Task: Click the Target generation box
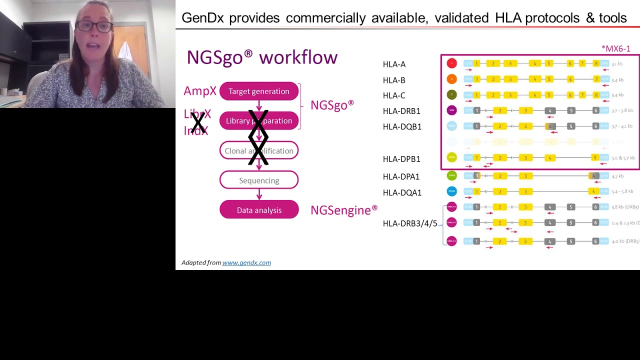[x=259, y=91]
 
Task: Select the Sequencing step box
[x=259, y=180]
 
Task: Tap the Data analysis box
[x=259, y=210]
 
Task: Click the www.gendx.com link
[x=246, y=262]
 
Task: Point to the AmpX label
[x=200, y=91]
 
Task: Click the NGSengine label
[x=343, y=210]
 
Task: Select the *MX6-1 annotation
[x=616, y=48]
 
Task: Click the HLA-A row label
[x=394, y=64]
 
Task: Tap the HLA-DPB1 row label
[x=401, y=159]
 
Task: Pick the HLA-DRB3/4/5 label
[x=410, y=223]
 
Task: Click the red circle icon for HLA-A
[x=451, y=63]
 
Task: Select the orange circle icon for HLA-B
[x=451, y=79]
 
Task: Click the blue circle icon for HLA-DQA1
[x=451, y=191]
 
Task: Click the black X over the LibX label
[x=198, y=122]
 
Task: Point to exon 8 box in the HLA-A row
[x=596, y=63]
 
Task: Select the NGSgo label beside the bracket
[x=331, y=105]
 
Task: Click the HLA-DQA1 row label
[x=402, y=192]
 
